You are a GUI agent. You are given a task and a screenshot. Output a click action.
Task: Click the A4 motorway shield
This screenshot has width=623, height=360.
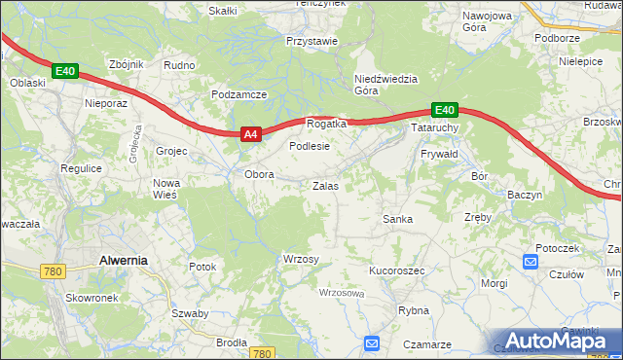pyautogui.click(x=250, y=134)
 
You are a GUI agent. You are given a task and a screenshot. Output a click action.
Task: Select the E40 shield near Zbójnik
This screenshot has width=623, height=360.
pyautogui.click(x=64, y=71)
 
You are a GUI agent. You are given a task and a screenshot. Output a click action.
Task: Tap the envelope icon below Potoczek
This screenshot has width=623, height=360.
pyautogui.click(x=531, y=261)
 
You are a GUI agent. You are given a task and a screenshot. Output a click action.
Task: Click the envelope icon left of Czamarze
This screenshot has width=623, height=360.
pyautogui.click(x=372, y=342)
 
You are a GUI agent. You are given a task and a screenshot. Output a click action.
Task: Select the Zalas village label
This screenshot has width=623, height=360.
pyautogui.click(x=325, y=185)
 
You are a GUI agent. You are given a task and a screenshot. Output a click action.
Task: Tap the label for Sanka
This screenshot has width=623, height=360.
pyautogui.click(x=397, y=219)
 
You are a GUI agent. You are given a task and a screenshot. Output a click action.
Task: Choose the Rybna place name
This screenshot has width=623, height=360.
pyautogui.click(x=414, y=310)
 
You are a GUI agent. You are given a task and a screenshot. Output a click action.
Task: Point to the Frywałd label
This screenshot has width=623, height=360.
pyautogui.click(x=439, y=155)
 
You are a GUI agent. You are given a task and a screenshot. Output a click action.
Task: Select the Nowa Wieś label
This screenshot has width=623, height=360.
pyautogui.click(x=167, y=190)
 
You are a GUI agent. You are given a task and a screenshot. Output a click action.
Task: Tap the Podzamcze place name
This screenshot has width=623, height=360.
pyautogui.click(x=238, y=94)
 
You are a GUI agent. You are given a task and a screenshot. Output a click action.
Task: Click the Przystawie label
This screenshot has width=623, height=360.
pyautogui.click(x=311, y=41)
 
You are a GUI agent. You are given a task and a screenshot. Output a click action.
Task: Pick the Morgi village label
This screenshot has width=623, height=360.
pyautogui.click(x=495, y=283)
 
